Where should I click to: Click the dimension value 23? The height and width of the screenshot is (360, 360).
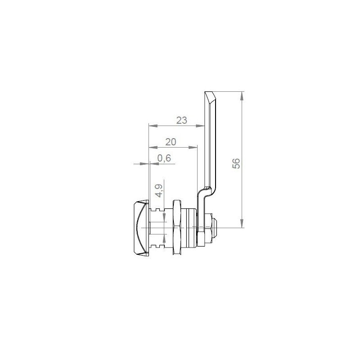182,120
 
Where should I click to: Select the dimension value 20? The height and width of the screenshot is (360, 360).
171,142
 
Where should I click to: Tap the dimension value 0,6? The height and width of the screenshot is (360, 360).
164,158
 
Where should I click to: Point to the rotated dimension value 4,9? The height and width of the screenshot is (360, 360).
159,190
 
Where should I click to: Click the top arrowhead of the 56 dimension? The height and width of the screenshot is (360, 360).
242,96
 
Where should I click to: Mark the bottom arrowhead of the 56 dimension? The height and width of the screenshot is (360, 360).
242,223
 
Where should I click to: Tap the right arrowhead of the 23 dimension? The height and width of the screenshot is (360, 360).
200,126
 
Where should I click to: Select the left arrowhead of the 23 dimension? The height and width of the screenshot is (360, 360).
153,126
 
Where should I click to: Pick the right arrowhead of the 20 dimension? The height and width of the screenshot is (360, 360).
193,147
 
